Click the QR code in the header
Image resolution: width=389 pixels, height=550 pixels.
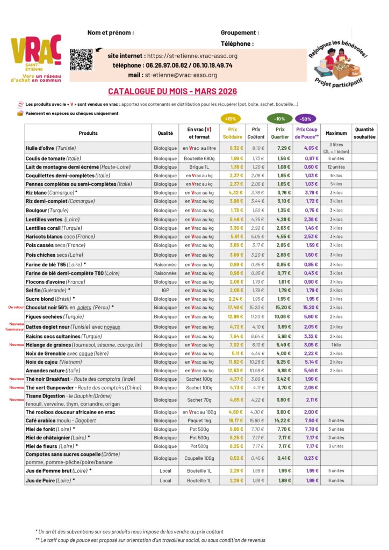81,60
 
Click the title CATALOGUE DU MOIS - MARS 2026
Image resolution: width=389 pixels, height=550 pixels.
172,92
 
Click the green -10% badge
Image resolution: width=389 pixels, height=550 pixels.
279,118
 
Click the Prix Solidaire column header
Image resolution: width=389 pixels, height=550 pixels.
232,133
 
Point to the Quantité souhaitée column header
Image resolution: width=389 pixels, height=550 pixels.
364,133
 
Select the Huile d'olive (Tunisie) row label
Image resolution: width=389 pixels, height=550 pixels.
51,148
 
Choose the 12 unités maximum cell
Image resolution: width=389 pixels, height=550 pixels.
336,167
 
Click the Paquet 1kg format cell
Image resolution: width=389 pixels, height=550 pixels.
199,421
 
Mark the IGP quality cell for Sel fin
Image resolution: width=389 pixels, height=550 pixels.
165,290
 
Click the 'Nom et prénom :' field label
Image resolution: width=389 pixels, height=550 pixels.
110,33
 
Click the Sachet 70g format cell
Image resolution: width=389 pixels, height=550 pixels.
199,400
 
